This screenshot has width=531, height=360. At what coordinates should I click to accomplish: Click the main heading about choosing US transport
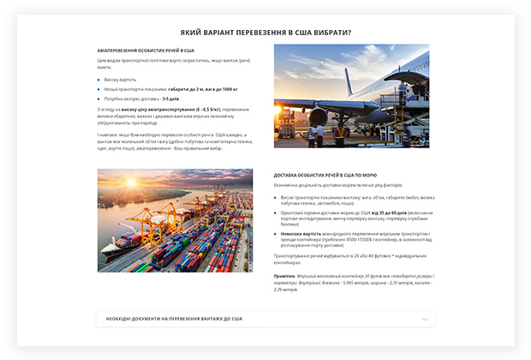pos(265,32)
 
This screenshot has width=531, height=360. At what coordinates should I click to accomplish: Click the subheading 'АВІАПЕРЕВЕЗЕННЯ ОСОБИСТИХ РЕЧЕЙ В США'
pos(146,51)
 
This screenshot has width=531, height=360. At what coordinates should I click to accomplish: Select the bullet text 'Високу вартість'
pos(120,79)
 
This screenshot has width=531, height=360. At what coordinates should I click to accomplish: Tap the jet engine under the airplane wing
pos(319,116)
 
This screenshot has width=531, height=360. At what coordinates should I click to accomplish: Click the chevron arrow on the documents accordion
pos(424,319)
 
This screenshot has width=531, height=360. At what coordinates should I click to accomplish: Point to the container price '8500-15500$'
pos(348,238)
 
